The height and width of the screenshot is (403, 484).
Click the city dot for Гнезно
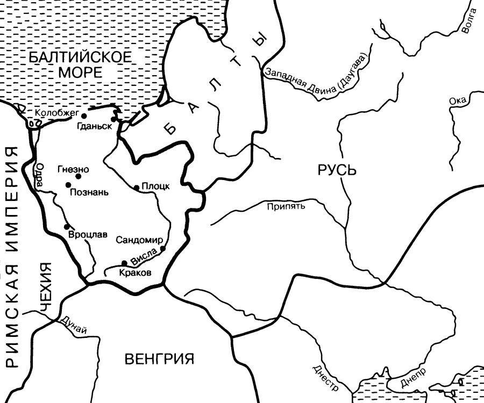tap(79, 176)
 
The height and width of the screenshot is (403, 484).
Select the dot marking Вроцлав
tap(67, 227)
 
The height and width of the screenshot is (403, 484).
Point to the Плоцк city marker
tap(137, 188)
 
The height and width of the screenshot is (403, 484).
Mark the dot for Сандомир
tap(162, 248)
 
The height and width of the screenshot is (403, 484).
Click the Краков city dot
tap(124, 263)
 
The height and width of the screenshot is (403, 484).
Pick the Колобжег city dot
tap(84, 116)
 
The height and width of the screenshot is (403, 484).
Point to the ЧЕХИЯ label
tap(47, 287)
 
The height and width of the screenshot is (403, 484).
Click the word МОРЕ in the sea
tap(79, 72)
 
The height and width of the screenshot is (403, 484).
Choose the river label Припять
tap(286, 206)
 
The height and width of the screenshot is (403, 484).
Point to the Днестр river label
tap(325, 378)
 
